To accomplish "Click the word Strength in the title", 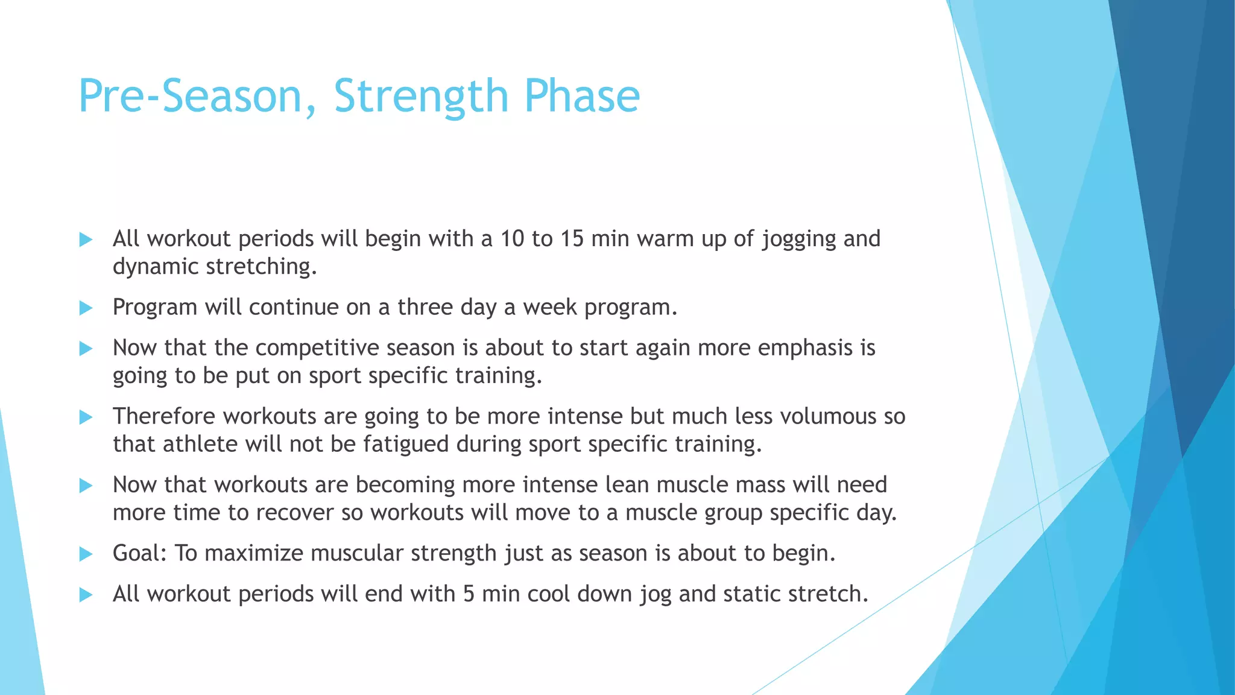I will point(421,97).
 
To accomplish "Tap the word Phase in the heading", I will point(581,97).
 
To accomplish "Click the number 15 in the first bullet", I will point(572,239).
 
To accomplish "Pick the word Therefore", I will point(164,416).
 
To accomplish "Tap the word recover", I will point(295,513).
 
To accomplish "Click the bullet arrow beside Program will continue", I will point(86,308).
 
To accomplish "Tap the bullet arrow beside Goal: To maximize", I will point(86,554).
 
